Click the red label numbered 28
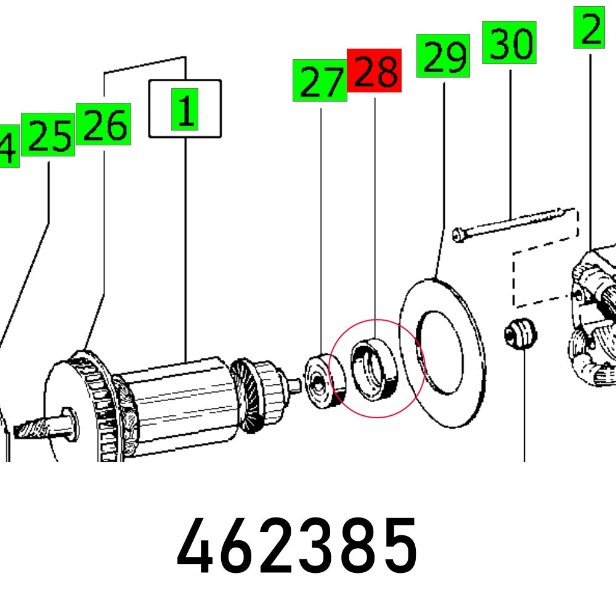tap(374, 71)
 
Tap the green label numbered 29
tap(444, 56)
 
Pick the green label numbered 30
tap(509, 43)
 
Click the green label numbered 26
tap(103, 124)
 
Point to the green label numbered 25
tap(49, 134)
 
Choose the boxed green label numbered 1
tap(185, 108)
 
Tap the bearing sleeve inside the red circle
tap(374, 370)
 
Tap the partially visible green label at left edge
tap(8, 145)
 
